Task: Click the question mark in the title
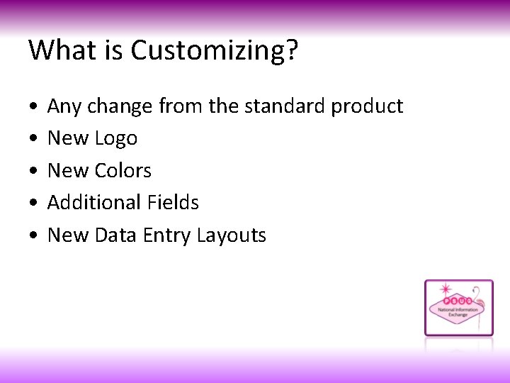tap(293, 50)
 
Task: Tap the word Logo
tap(115, 139)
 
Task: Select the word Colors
tap(123, 171)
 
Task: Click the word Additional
tap(95, 203)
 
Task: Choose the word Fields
tap(174, 203)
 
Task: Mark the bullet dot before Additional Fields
tap(34, 204)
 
